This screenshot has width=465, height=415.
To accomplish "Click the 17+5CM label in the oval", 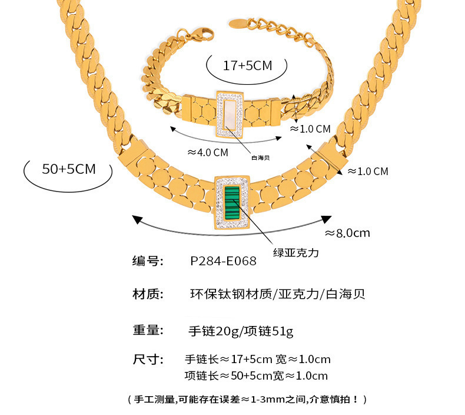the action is click(x=247, y=65).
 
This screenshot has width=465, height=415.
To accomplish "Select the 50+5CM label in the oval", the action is click(x=68, y=169).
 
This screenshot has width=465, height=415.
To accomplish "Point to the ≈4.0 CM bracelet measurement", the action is click(x=207, y=152).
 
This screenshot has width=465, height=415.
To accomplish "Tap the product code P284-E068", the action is click(x=224, y=261).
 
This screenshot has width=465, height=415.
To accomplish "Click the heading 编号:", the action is click(x=147, y=261).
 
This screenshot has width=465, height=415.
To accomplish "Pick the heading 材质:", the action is click(x=147, y=294).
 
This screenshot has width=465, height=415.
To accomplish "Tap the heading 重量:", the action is click(x=147, y=330).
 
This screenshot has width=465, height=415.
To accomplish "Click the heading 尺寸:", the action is click(x=147, y=359).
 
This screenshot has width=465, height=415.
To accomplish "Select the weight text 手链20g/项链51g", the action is click(x=240, y=331).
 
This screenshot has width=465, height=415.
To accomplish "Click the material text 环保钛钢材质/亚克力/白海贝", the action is click(x=278, y=294).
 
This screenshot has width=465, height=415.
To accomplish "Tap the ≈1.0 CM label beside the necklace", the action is click(x=367, y=172).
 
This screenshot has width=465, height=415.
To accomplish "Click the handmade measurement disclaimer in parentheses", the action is click(x=247, y=399).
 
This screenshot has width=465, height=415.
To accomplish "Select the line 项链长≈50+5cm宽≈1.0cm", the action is click(x=256, y=376).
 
